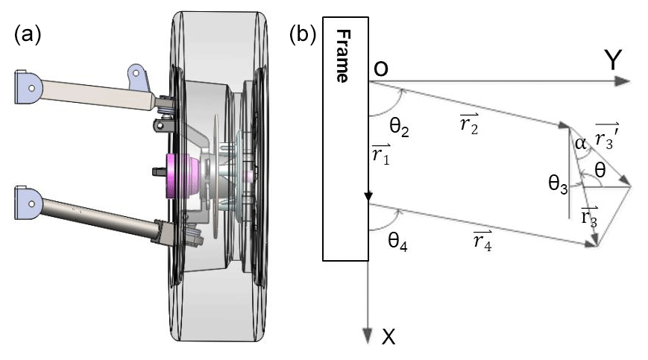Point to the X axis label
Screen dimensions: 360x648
[x=388, y=338]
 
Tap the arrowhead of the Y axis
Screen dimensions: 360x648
[x=624, y=81]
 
